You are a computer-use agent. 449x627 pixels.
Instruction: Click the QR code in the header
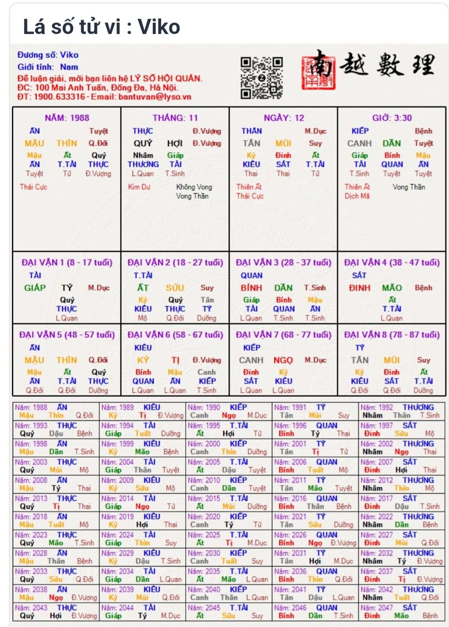coord(262,78)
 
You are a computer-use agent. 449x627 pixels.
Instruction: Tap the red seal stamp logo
coord(319,70)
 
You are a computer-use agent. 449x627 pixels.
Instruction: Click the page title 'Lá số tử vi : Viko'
coord(101,27)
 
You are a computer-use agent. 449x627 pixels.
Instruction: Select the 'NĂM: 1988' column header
coord(67,118)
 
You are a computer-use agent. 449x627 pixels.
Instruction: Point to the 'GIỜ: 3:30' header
coord(392,118)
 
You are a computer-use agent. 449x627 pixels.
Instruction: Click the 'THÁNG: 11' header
coord(175,118)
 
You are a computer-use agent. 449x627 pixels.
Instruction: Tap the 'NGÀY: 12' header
coord(284,118)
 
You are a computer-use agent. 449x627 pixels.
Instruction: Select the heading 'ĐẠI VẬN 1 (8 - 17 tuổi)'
coord(67,263)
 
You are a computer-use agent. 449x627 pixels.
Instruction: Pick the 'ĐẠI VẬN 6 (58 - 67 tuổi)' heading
coord(175,335)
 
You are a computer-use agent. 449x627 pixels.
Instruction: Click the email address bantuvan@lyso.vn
coord(154,97)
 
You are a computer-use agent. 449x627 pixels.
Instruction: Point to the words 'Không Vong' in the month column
coord(194,187)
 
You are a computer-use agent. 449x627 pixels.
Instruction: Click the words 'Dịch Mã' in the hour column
coord(357,196)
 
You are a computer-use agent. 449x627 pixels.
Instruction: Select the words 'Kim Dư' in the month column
coord(139,187)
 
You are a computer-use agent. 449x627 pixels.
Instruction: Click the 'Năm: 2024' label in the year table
coord(117,535)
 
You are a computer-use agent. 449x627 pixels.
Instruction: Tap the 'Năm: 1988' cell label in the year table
coord(31,407)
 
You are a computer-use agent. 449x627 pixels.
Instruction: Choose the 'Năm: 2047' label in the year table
coord(376,608)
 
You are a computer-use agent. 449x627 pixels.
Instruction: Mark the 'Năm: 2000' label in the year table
coord(204,444)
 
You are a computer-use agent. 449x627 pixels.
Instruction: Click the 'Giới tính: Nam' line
coord(47,67)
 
